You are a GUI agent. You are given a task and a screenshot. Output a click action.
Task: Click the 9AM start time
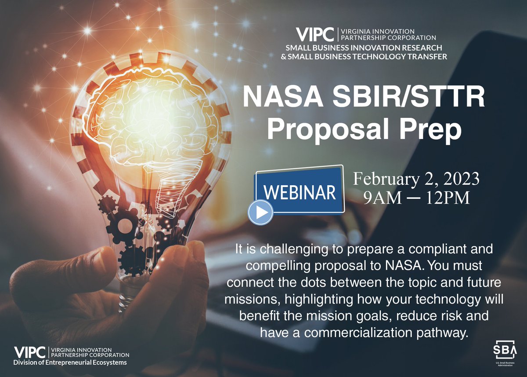tap(382, 198)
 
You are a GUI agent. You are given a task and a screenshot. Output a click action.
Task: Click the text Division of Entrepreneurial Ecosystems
tap(70, 362)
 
